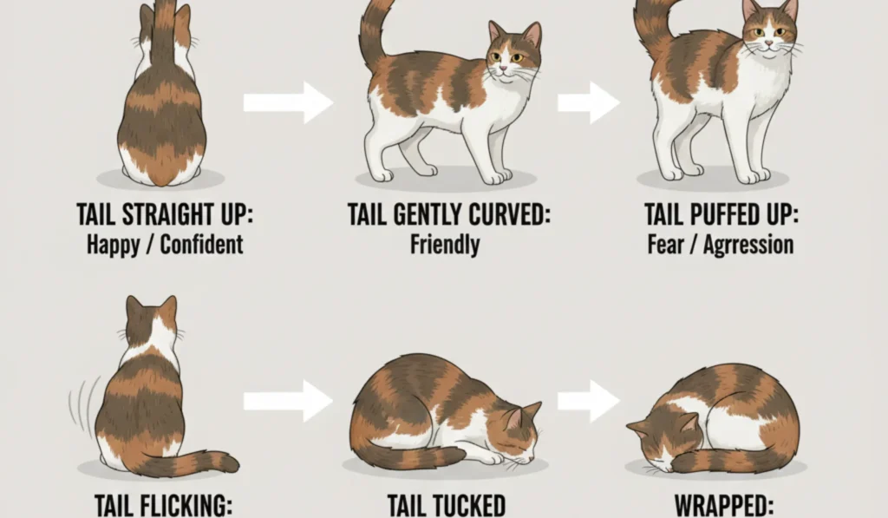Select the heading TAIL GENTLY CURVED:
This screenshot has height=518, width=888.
pyautogui.click(x=448, y=214)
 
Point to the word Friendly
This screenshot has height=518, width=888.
pyautogui.click(x=445, y=244)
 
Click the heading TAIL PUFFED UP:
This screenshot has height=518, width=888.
pyautogui.click(x=719, y=214)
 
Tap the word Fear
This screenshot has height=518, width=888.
pyautogui.click(x=666, y=244)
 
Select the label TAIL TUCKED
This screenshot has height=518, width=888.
pyautogui.click(x=446, y=505)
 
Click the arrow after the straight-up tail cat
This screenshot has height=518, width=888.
pyautogui.click(x=288, y=103)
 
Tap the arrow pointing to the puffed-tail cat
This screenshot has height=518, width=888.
pyautogui.click(x=588, y=103)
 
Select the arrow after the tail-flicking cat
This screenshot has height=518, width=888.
pyautogui.click(x=288, y=401)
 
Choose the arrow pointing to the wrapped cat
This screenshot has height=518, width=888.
pyautogui.click(x=588, y=401)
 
